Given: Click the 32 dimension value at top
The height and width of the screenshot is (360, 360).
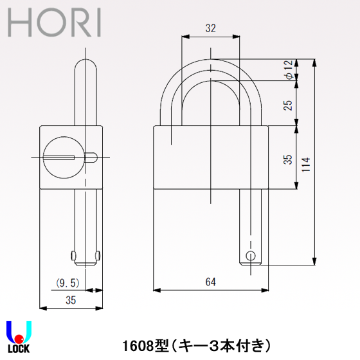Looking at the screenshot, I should click(210, 28).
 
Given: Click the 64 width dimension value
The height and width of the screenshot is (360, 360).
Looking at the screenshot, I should click(210, 282).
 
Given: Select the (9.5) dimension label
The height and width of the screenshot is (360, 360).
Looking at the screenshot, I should click(66, 282).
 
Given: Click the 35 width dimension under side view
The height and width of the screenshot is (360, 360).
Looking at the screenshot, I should click(70, 299).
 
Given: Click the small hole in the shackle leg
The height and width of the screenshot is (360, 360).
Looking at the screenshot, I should click(251, 255).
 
